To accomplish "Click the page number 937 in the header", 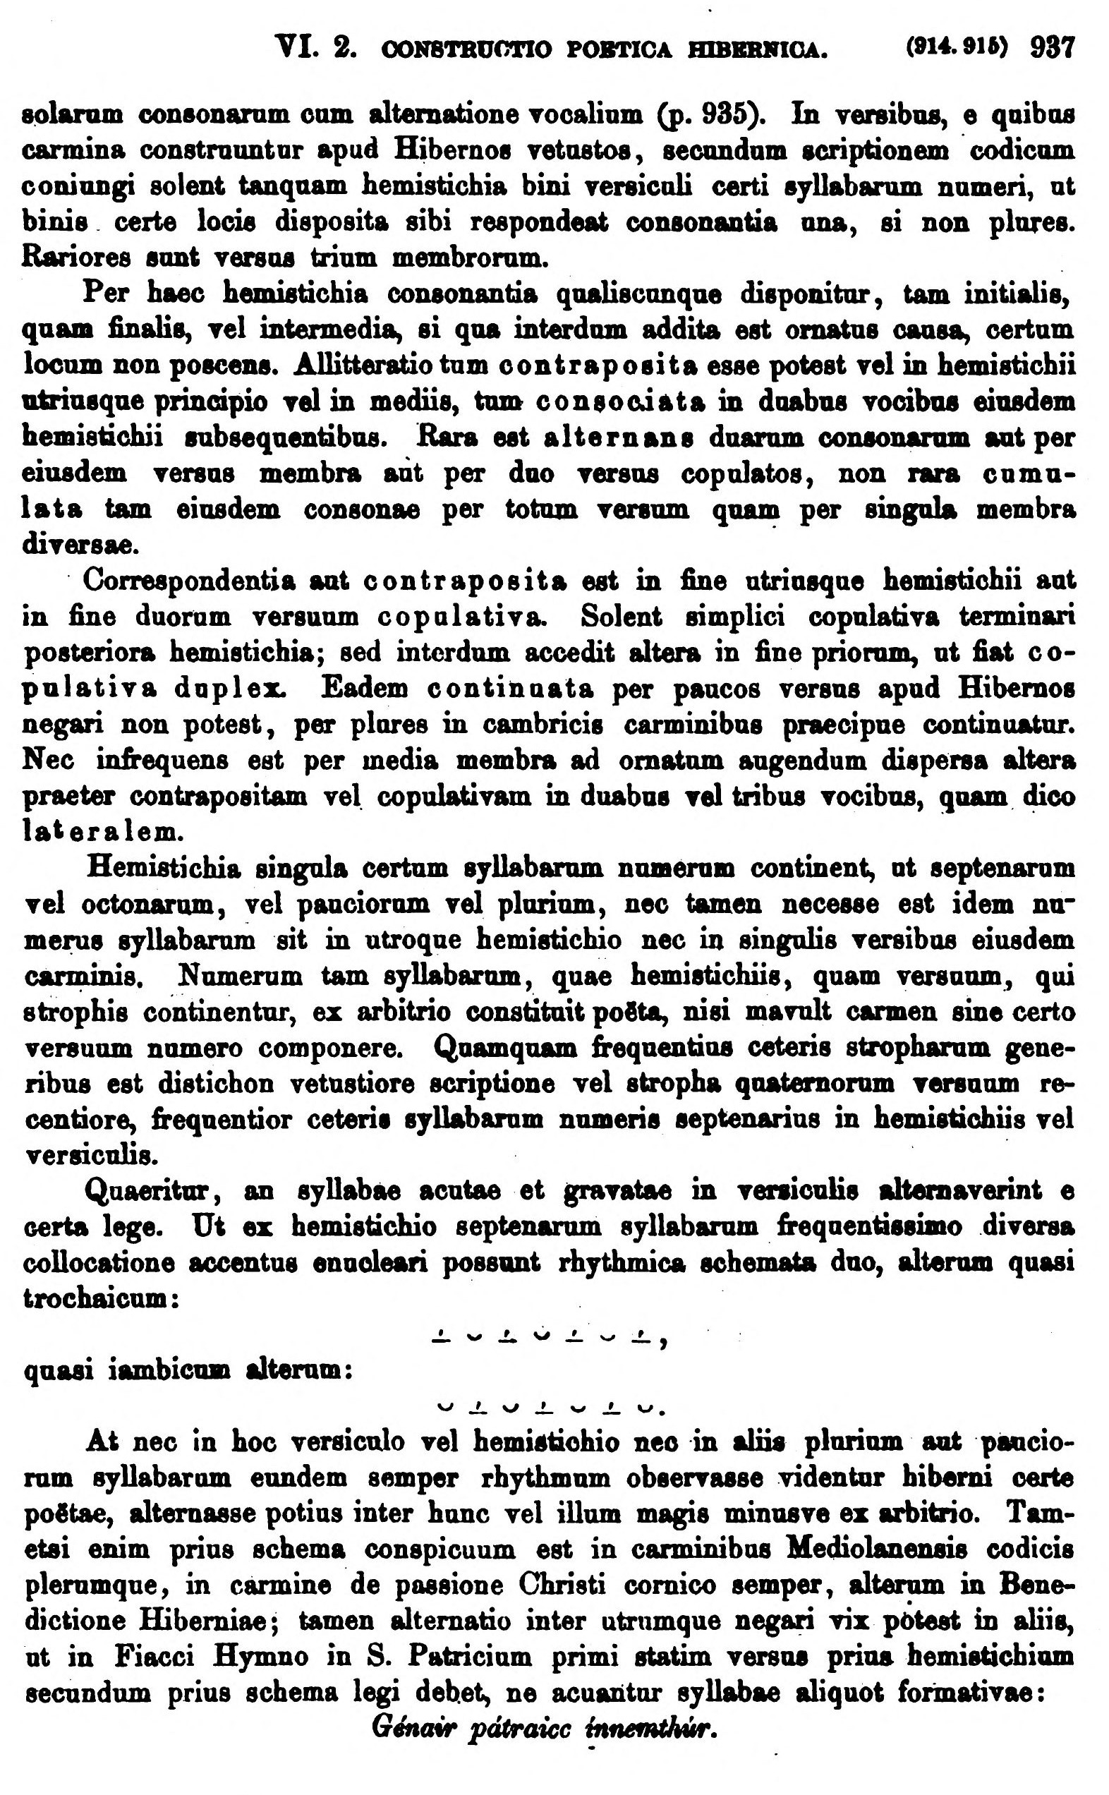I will [x=1052, y=49].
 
